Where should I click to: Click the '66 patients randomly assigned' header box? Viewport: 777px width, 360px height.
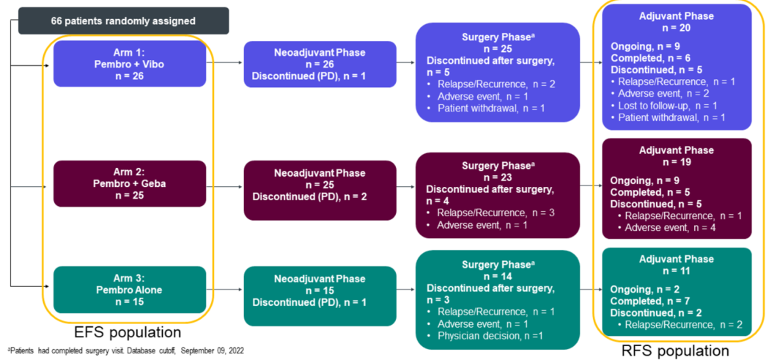123,21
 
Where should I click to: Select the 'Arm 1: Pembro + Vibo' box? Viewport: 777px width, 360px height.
129,65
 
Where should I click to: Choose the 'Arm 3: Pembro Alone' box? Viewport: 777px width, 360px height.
129,290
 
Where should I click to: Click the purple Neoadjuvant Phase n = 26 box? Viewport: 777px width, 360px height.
320,65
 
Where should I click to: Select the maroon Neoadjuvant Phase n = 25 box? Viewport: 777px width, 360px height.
320,183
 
